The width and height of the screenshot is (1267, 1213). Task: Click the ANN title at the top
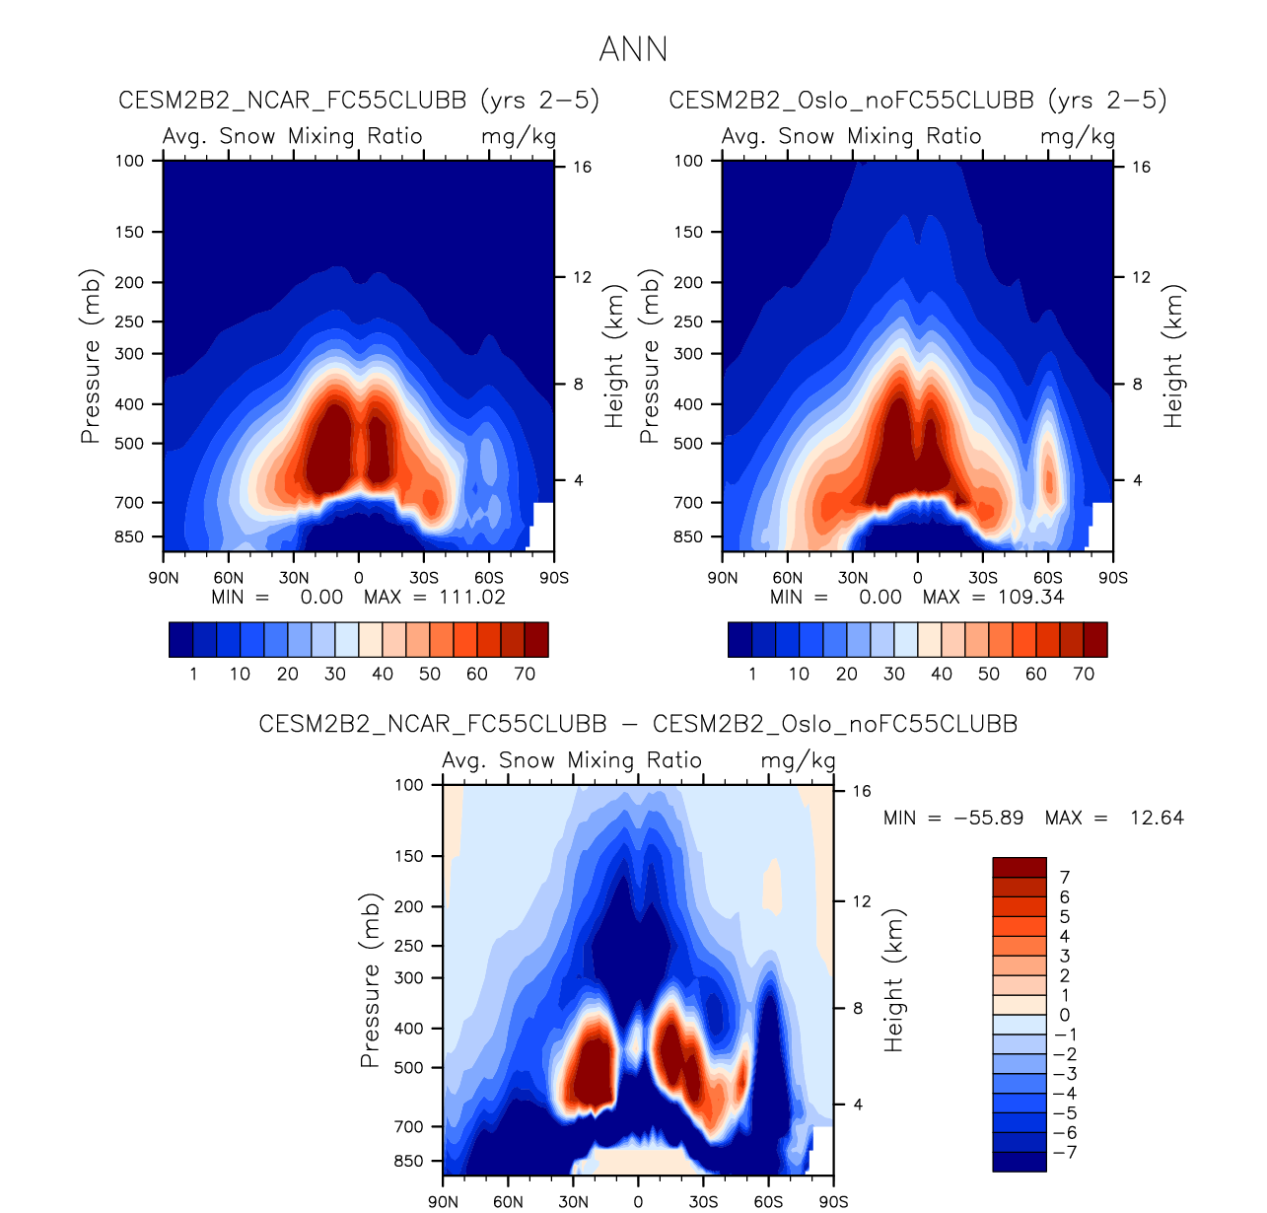pos(633,49)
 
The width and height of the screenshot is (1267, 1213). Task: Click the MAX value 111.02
pos(471,597)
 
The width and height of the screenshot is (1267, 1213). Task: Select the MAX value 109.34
pos(1030,597)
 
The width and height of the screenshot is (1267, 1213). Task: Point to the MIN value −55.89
pos(989,818)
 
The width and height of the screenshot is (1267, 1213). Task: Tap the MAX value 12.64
pos(1157,818)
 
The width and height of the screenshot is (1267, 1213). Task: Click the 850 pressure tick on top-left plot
pos(129,537)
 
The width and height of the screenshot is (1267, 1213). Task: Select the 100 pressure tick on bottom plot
pos(409,785)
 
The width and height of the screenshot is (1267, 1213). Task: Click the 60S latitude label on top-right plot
pos(1048,578)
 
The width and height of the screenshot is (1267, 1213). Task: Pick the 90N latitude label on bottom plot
pos(444,1201)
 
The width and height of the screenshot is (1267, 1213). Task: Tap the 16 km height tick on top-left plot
pos(582,167)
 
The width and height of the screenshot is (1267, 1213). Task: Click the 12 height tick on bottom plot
pos(862,901)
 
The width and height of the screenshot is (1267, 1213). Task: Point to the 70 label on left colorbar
pos(525,674)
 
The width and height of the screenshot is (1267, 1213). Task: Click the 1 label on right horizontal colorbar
pos(752,674)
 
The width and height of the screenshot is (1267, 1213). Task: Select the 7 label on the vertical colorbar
pos(1065,877)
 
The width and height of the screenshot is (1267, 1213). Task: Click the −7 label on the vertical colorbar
pos(1065,1152)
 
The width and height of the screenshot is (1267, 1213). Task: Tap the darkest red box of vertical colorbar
pos(1019,867)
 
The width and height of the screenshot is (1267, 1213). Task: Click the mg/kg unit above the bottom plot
pos(798,760)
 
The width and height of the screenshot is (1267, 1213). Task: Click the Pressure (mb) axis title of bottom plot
pos(370,980)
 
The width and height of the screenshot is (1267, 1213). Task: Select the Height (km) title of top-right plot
pos(1172,356)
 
